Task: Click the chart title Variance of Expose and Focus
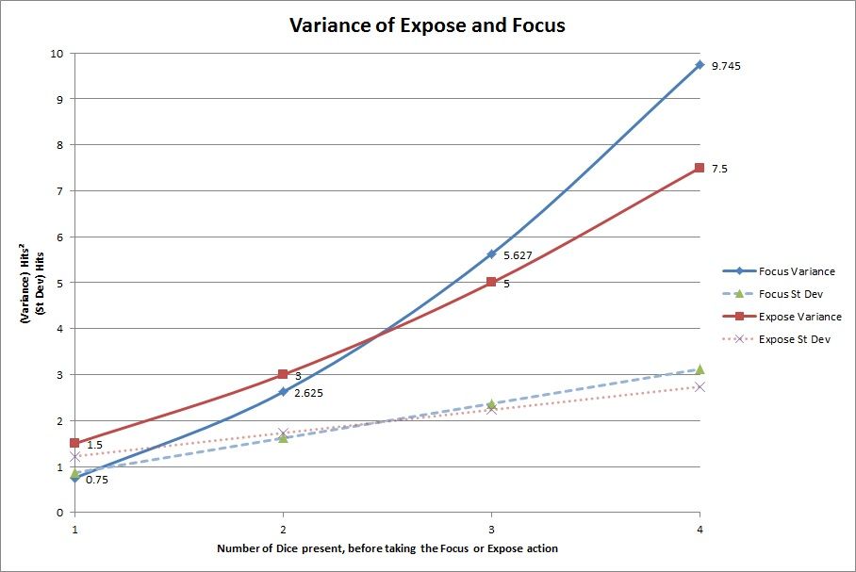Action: (x=427, y=25)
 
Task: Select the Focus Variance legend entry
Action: (x=796, y=271)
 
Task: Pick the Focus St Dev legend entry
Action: (x=796, y=294)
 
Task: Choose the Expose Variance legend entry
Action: (x=799, y=317)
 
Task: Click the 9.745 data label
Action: (x=726, y=66)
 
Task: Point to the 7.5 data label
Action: (x=719, y=169)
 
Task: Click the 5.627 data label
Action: (x=519, y=255)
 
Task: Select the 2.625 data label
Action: (x=308, y=393)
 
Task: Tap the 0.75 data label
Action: (x=97, y=480)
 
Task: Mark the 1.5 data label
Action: (x=94, y=445)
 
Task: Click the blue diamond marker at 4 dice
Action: (x=700, y=65)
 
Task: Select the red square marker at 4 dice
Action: (x=700, y=168)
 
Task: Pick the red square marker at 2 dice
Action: (x=283, y=374)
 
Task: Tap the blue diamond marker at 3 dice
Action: (x=491, y=253)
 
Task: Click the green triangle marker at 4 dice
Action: (x=700, y=369)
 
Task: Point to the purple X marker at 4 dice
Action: (x=700, y=386)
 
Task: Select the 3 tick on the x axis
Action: (x=491, y=530)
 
